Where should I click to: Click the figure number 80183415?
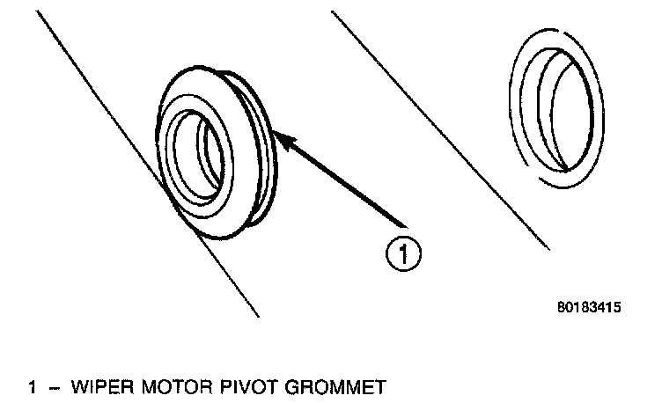pyautogui.click(x=589, y=309)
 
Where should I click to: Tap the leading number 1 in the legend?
pyautogui.click(x=33, y=385)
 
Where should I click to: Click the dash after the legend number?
pyautogui.click(x=55, y=385)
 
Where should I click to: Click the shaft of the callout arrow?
pyautogui.click(x=343, y=180)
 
